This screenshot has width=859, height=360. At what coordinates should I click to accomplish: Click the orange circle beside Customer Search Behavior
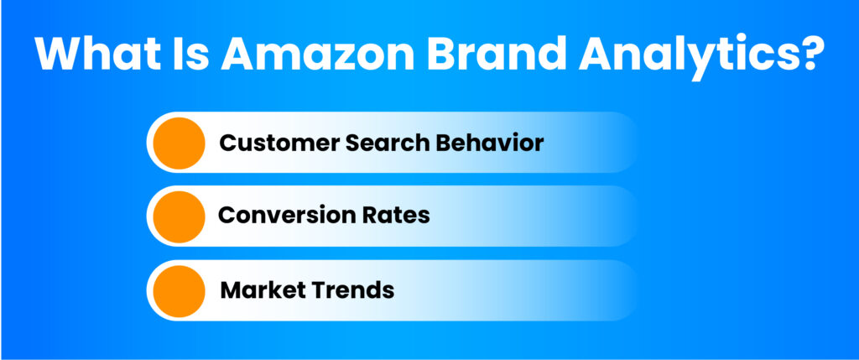(180, 143)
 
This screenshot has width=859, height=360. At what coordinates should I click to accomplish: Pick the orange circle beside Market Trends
(180, 291)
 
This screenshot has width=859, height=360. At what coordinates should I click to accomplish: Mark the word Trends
(351, 290)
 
